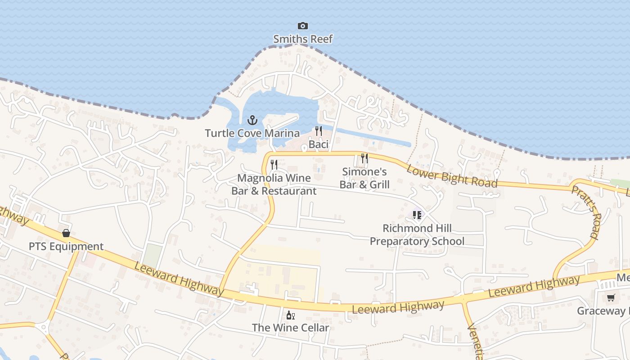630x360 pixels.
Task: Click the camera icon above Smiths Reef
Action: coord(303,26)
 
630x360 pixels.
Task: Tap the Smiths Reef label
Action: coord(303,39)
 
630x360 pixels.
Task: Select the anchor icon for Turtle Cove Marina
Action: coord(252,120)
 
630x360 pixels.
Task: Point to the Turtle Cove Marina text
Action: coord(252,133)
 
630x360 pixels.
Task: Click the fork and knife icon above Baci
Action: coord(319,131)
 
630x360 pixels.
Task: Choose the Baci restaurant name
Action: coord(319,144)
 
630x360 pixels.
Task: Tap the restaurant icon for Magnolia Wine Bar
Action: coord(274,165)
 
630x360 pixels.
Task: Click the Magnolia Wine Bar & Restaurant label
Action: coord(274,184)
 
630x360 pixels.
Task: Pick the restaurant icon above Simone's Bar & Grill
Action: coord(364,158)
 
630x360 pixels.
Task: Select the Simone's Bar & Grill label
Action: coord(364,178)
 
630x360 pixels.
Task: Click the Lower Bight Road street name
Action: coord(452,176)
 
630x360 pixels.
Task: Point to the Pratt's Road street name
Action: coord(586,211)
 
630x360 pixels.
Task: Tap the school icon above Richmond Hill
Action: coord(417,215)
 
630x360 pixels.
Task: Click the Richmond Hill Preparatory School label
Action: coord(417,234)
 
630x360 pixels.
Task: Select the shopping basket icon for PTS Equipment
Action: coord(66,233)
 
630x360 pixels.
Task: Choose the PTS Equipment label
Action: coord(66,247)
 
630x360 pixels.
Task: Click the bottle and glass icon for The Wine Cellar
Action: coord(291,315)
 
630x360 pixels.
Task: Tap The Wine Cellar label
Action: coord(291,328)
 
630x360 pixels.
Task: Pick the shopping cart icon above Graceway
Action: coord(611,297)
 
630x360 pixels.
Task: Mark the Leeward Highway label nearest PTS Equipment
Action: coord(179,279)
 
